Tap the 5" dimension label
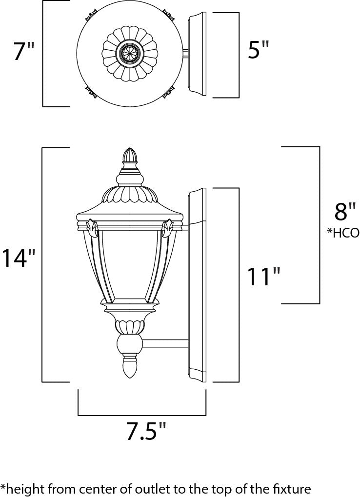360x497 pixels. coord(259,50)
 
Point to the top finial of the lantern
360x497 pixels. coord(130,156)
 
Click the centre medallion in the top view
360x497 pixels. coord(130,54)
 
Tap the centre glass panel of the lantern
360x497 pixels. coord(130,266)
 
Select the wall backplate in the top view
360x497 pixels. coord(197,55)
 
